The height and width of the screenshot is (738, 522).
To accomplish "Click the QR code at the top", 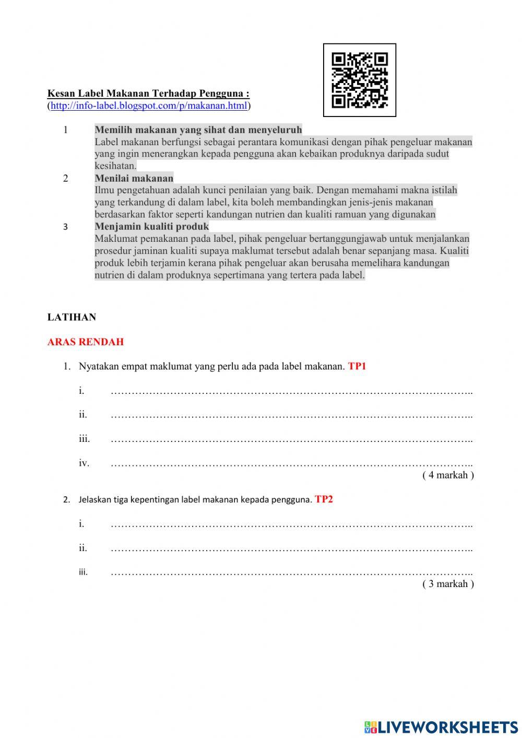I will [360, 80].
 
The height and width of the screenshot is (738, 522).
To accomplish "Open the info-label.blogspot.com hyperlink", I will [149, 106].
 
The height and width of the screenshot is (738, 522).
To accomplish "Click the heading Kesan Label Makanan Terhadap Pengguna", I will [148, 94].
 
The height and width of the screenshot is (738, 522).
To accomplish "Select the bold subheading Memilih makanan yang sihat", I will [198, 130].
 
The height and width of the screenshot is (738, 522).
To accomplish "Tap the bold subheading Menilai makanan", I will [134, 178].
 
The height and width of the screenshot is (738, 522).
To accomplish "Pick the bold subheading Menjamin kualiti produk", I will [152, 227].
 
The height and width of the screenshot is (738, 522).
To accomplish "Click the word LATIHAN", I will [72, 317].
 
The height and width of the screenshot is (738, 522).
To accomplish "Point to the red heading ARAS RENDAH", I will [86, 342].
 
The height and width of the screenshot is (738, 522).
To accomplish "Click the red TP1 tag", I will [357, 366].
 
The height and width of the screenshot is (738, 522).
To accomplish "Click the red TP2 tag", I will [324, 499].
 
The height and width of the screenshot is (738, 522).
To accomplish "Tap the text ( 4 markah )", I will [448, 475].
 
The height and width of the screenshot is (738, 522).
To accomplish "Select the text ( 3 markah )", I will [448, 584].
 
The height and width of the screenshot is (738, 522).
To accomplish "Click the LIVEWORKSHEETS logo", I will [441, 727].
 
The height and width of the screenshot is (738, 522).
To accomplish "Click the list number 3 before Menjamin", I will [65, 227].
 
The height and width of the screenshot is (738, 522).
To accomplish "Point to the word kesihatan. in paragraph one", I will [115, 166].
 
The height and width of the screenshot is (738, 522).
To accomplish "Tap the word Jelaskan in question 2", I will [95, 500].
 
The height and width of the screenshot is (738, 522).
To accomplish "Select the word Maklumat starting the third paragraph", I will [115, 239].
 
